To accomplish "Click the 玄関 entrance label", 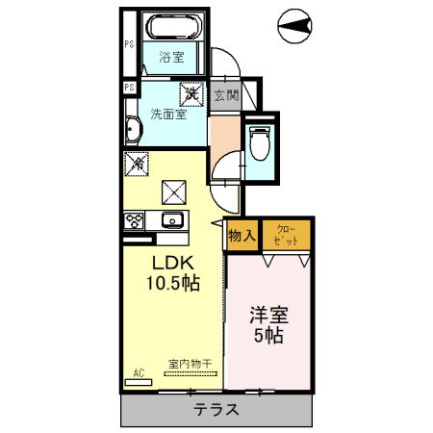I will pyautogui.click(x=225, y=95).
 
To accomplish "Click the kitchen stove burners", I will pyautogui.click(x=133, y=220).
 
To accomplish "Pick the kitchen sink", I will pyautogui.click(x=172, y=219).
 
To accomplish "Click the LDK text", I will pyautogui.click(x=172, y=263).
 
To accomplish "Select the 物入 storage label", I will pyautogui.click(x=242, y=235).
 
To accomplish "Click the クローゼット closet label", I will pyautogui.click(x=287, y=235).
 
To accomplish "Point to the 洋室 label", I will pyautogui.click(x=270, y=315).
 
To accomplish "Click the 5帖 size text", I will pyautogui.click(x=268, y=336).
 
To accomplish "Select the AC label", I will pyautogui.click(x=139, y=371).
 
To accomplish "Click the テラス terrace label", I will pyautogui.click(x=216, y=410).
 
